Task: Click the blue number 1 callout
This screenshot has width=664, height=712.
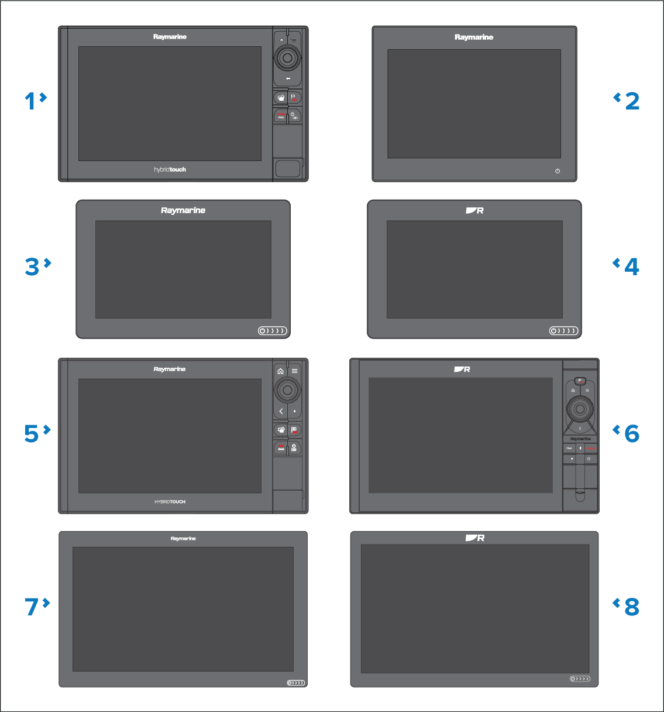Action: (x=30, y=101)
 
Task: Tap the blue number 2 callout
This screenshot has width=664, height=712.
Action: (x=632, y=101)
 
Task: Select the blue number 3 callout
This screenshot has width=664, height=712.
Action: (x=32, y=267)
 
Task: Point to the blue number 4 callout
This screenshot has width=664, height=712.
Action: (x=631, y=267)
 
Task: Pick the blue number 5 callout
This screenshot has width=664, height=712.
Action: (x=32, y=434)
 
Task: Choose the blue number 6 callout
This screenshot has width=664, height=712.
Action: (x=631, y=434)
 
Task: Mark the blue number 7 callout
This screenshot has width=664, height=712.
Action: (x=32, y=607)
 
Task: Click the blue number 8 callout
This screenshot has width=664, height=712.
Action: (x=631, y=607)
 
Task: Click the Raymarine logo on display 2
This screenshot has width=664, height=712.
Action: (x=474, y=37)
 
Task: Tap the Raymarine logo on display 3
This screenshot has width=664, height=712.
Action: (x=183, y=210)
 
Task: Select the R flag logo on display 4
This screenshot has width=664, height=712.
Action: (x=474, y=210)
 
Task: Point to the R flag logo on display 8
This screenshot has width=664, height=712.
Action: (x=474, y=538)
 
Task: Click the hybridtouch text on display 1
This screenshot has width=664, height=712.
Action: (x=170, y=169)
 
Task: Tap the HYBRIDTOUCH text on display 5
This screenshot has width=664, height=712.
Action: (x=170, y=502)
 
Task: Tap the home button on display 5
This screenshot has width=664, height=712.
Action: (x=281, y=371)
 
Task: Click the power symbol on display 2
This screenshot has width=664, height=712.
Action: (x=558, y=171)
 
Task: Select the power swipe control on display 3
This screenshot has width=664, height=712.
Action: (x=273, y=331)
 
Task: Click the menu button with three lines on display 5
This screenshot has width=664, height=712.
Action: (x=295, y=371)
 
